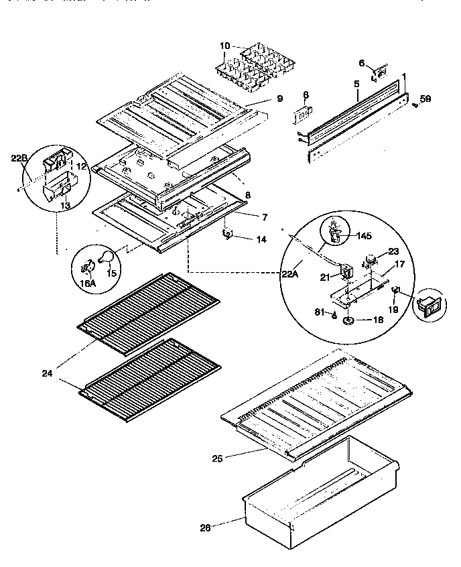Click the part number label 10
[x=225, y=46]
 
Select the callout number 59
[x=425, y=99]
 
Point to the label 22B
[x=18, y=158]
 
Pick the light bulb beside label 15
[x=105, y=256]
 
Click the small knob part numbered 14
[x=227, y=234]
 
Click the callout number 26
[x=205, y=527]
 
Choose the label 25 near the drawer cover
[x=216, y=458]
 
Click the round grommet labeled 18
[x=349, y=322]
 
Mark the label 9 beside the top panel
[x=278, y=99]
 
